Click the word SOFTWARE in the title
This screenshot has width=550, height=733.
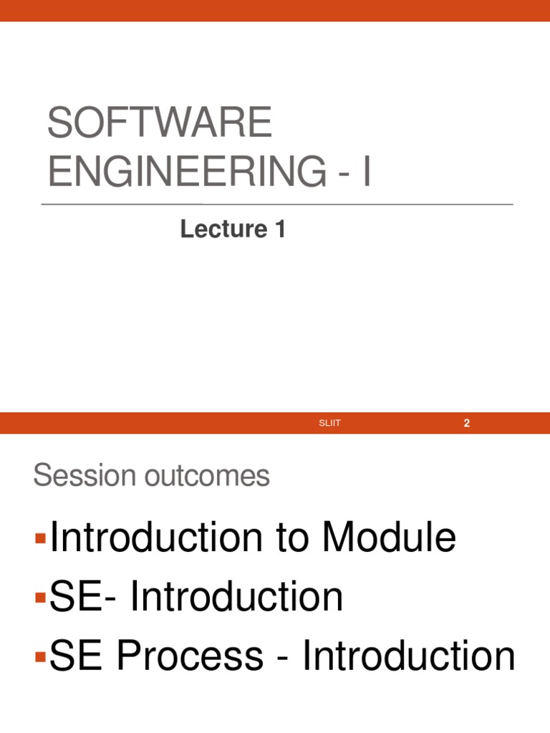click(x=160, y=122)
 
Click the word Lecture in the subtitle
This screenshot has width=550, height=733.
click(x=223, y=229)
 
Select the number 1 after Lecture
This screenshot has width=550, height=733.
click(x=280, y=229)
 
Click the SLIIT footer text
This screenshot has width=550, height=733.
click(x=329, y=423)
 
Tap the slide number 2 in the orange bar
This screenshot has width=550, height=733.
click(x=466, y=423)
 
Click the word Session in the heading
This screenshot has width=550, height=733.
click(x=85, y=475)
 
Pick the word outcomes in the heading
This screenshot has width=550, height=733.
click(x=207, y=475)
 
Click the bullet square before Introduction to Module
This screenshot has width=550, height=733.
click(x=41, y=538)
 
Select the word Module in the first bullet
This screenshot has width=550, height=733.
click(x=389, y=537)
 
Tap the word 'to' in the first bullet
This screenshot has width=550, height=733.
click(x=292, y=538)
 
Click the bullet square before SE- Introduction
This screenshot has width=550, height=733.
click(x=41, y=598)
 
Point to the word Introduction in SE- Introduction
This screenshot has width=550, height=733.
click(x=236, y=596)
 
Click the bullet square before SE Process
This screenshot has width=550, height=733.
click(x=41, y=657)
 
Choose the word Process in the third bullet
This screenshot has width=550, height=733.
click(x=190, y=655)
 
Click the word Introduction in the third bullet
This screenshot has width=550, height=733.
click(x=409, y=655)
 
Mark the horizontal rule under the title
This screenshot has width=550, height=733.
click(x=277, y=204)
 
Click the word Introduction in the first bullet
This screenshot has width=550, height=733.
click(x=156, y=537)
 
